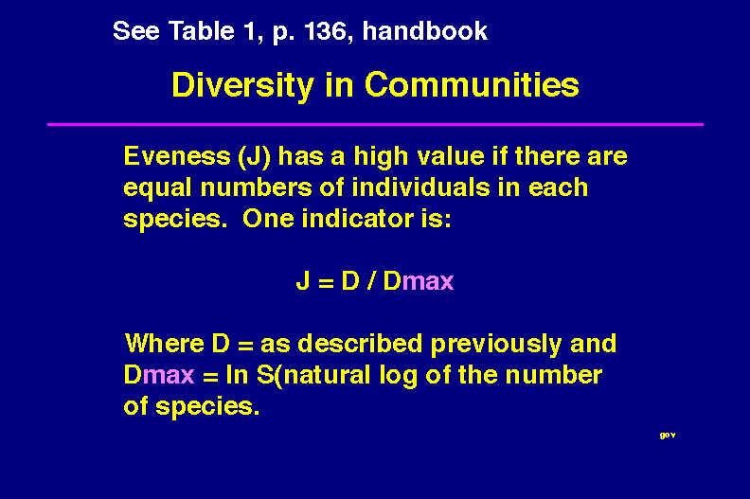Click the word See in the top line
pyautogui.click(x=135, y=31)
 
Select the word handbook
pyautogui.click(x=425, y=31)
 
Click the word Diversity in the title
pyautogui.click(x=242, y=86)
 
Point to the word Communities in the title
pyautogui.click(x=472, y=85)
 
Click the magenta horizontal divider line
pyautogui.click(x=376, y=124)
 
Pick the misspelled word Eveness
pyautogui.click(x=177, y=156)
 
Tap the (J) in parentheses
pyautogui.click(x=254, y=157)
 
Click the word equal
pyautogui.click(x=157, y=188)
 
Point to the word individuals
pyautogui.click(x=420, y=187)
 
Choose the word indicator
pyautogui.click(x=358, y=219)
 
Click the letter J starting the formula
pyautogui.click(x=303, y=280)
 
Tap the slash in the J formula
pyautogui.click(x=370, y=280)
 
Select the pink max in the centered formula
pyautogui.click(x=428, y=282)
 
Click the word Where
pyautogui.click(x=165, y=344)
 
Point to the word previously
pyautogui.click(x=496, y=345)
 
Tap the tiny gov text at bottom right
pyautogui.click(x=668, y=436)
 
